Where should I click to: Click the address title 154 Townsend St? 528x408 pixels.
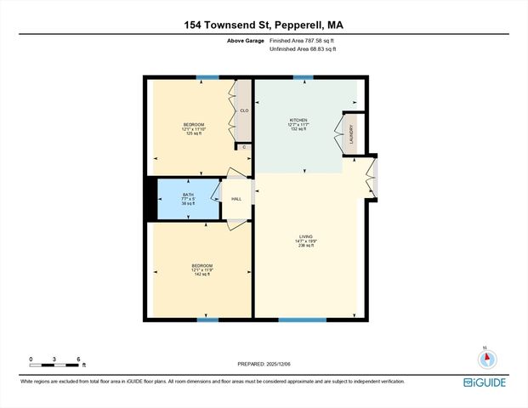click(264, 25)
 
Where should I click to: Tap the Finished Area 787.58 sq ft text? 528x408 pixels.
click(302, 41)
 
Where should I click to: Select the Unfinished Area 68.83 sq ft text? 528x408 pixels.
click(303, 49)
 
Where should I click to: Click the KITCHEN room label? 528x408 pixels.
click(298, 121)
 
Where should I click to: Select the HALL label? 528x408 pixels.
click(236, 199)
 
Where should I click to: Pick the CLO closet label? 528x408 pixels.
click(243, 110)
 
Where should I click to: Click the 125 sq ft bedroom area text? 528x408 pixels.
click(189, 133)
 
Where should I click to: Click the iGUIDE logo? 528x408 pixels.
click(486, 382)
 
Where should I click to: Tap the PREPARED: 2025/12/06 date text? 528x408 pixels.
click(264, 363)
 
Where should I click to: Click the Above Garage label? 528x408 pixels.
click(245, 41)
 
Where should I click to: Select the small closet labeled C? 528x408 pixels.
click(244, 147)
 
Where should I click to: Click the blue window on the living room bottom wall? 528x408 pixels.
click(302, 320)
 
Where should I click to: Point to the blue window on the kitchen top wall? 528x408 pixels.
click(303, 77)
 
